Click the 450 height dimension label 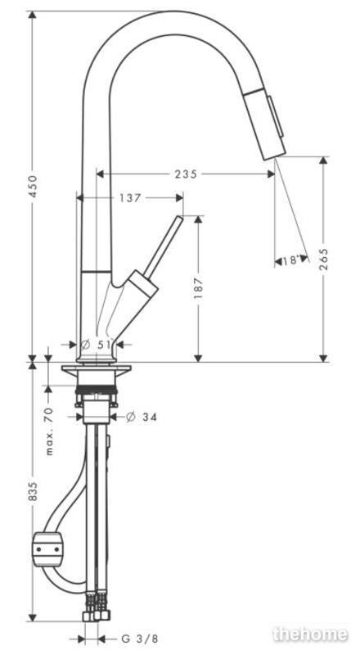[x=33, y=187]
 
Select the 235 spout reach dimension [x=186, y=174]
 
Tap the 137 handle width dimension [x=130, y=198]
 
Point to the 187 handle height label [x=198, y=288]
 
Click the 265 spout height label [x=324, y=260]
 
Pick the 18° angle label [x=291, y=260]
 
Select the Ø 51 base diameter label [x=97, y=345]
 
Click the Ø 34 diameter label [x=142, y=417]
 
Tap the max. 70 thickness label [x=49, y=431]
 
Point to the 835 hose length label [x=33, y=492]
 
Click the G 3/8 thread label [x=139, y=639]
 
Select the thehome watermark [x=310, y=634]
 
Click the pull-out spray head [x=265, y=124]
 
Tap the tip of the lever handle [x=180, y=218]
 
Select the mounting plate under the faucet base [x=96, y=368]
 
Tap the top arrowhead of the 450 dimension [x=32, y=16]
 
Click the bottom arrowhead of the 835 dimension [x=32, y=617]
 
